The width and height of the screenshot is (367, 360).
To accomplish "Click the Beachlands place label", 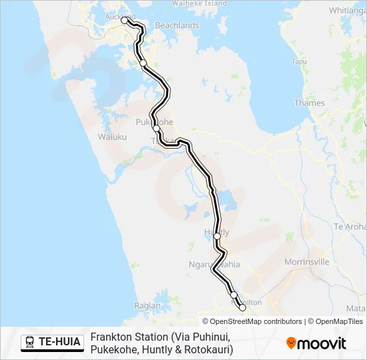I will tap(177, 25).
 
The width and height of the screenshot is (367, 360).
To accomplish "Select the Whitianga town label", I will tap(348, 11).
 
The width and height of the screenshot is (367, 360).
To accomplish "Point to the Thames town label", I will tap(310, 103).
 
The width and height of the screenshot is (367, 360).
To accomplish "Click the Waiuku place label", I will tap(112, 137).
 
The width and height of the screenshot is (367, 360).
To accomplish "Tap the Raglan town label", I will tap(147, 306).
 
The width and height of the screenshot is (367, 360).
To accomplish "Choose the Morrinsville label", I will tap(307, 262).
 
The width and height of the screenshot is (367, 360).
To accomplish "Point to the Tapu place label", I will tap(300, 62).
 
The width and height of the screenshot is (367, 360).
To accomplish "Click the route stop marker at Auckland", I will tap(124, 21).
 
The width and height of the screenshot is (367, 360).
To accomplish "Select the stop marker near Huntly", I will tap(217, 236).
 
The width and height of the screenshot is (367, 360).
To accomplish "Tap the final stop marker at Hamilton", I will tap(242, 308).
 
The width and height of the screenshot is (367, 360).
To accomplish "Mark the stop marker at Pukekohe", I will tap(156, 129).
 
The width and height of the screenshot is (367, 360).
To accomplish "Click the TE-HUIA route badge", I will tap(52, 343).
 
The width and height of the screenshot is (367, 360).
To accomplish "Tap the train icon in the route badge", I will tap(30, 343).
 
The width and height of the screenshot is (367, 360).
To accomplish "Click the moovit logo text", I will tap(322, 343).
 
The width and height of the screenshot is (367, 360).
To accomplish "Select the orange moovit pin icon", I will tap(291, 343).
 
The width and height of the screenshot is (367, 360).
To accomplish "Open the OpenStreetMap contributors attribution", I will tap(252, 321).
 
